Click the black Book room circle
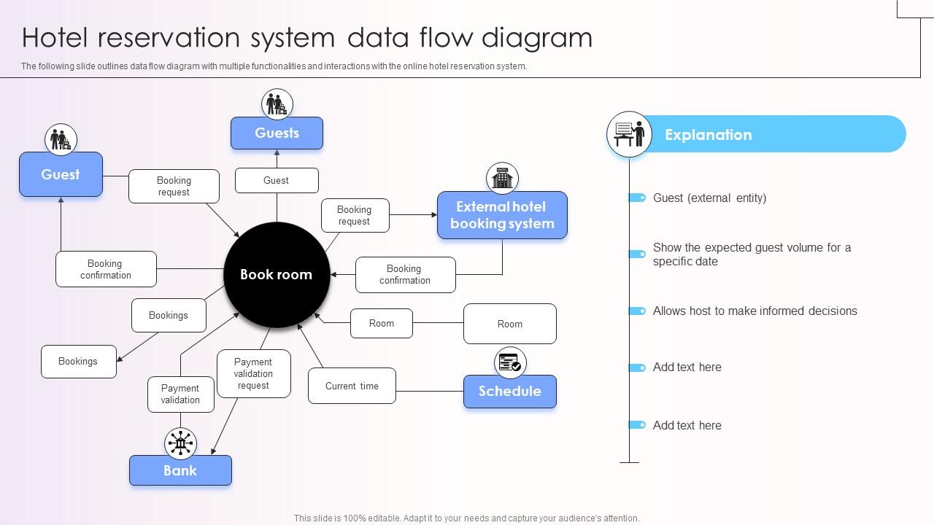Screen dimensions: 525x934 [277, 275]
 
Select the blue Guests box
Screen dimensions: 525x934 [277, 133]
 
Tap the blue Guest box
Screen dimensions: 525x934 [61, 174]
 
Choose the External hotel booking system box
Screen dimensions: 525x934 [502, 215]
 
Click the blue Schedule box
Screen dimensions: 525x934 [509, 392]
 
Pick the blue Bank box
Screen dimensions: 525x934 [180, 470]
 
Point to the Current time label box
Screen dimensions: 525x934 [352, 386]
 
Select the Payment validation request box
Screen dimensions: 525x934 [253, 373]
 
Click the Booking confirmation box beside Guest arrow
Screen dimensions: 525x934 [106, 269]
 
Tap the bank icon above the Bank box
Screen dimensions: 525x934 [180, 443]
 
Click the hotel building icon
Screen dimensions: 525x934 [502, 178]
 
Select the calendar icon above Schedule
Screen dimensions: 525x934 [509, 362]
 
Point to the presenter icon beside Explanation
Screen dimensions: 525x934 [629, 134]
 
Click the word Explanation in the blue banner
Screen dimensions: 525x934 [708, 135]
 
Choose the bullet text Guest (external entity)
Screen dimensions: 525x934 [709, 198]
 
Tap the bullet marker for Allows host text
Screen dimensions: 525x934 [637, 311]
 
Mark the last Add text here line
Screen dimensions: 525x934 [687, 425]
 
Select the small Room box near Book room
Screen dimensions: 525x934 [381, 323]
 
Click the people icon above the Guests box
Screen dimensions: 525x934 [277, 104]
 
